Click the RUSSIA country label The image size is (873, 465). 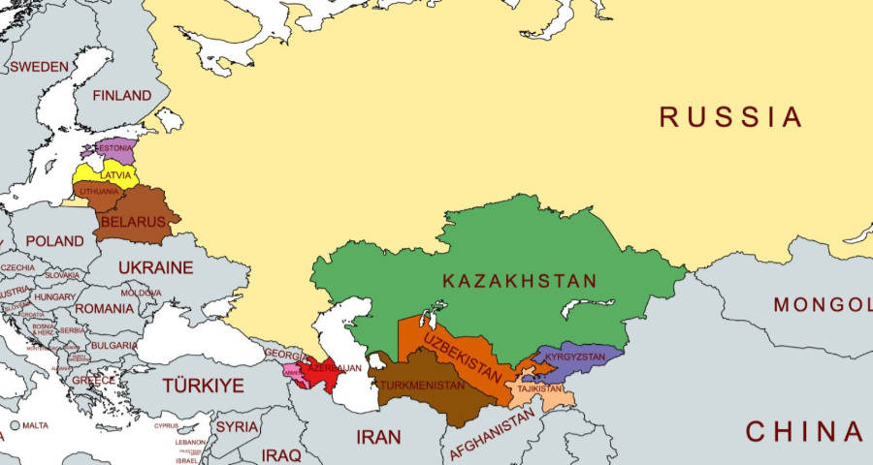(730, 117)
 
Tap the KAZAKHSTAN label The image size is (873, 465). (519, 281)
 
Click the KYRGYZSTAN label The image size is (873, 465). (575, 356)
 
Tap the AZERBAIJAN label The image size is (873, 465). (335, 369)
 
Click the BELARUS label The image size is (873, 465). (133, 223)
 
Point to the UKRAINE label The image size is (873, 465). (155, 267)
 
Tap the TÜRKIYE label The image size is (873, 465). (203, 386)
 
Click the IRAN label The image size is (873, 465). (378, 437)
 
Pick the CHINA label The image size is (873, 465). (803, 431)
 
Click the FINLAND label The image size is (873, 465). (121, 96)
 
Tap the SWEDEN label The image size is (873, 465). (39, 67)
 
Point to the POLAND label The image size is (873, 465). (54, 241)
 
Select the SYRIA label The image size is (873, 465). (237, 426)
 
